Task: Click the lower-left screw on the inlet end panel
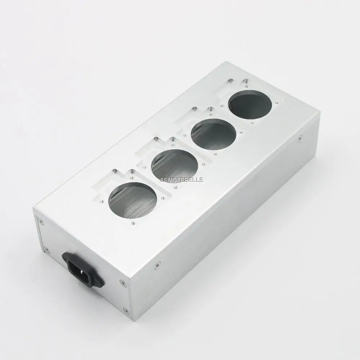pyautogui.click(x=46, y=249)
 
